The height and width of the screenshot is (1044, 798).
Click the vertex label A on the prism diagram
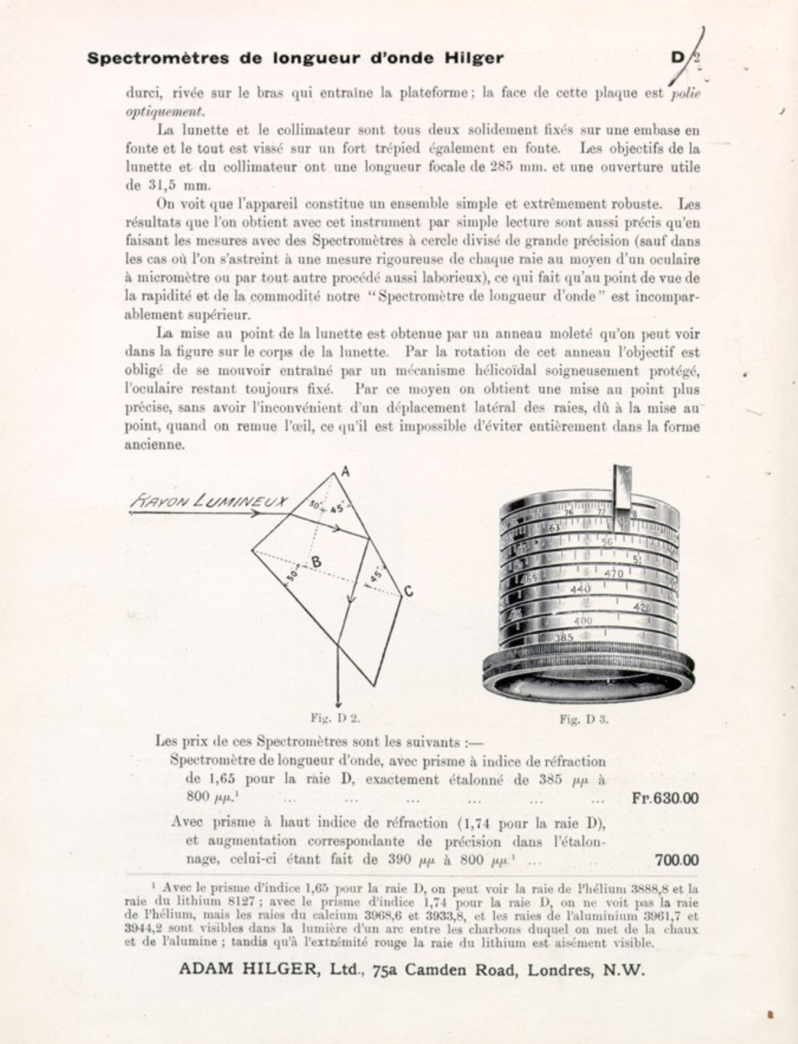tap(346, 472)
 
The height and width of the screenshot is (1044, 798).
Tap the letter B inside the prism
tap(317, 562)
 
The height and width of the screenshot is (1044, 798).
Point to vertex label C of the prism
tap(408, 591)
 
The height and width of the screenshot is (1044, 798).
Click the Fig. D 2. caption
tap(335, 718)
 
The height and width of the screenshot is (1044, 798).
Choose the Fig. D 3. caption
tap(584, 719)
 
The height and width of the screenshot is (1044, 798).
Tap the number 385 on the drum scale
tap(564, 638)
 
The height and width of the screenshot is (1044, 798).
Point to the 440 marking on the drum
tap(580, 589)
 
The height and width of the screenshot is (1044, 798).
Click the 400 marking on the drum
tap(583, 621)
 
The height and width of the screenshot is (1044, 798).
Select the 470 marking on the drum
tap(614, 573)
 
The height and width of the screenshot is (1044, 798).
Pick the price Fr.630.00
tap(664, 798)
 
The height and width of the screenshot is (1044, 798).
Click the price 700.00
tap(676, 860)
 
